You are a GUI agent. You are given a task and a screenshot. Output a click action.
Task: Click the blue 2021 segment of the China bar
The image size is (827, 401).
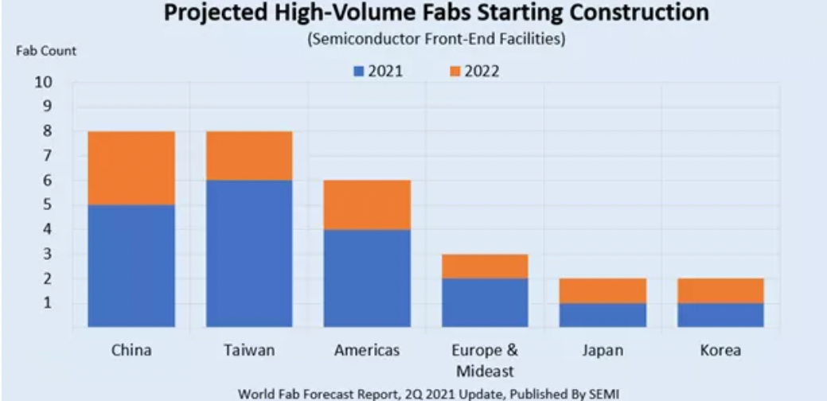131,266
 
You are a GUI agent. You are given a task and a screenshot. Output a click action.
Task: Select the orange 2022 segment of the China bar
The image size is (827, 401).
131,168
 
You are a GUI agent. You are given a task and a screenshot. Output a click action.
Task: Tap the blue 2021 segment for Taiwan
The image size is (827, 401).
249,253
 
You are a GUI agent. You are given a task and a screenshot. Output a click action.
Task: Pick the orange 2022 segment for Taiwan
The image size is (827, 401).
249,156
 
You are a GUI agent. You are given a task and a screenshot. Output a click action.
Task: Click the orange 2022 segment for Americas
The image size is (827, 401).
367,204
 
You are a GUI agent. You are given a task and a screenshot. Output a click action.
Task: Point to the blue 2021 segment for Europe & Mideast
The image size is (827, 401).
485,302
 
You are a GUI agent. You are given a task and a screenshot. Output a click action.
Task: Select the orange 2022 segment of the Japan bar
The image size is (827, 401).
603,290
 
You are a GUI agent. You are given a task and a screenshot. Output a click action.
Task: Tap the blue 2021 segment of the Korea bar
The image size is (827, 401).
720,314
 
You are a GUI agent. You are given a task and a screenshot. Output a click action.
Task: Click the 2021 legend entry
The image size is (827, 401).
379,72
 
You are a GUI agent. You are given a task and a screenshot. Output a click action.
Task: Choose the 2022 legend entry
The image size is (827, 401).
474,72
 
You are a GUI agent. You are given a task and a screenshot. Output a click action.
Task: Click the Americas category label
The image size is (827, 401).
367,350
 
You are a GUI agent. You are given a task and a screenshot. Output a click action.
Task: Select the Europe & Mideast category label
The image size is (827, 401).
485,360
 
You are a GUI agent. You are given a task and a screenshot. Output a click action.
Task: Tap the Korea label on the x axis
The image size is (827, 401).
720,350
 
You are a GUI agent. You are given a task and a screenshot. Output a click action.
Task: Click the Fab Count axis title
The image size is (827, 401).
46,51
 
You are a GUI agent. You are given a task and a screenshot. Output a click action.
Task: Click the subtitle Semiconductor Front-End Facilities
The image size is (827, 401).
436,40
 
